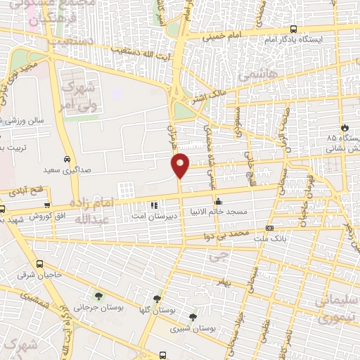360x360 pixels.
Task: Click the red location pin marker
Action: [181, 165]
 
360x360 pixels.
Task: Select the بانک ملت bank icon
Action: [269, 228]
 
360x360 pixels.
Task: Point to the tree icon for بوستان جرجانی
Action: [98, 295]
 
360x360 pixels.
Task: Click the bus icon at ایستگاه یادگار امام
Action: [292, 29]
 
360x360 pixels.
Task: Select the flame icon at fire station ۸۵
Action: [345, 127]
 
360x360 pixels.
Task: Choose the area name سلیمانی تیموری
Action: [337, 309]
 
